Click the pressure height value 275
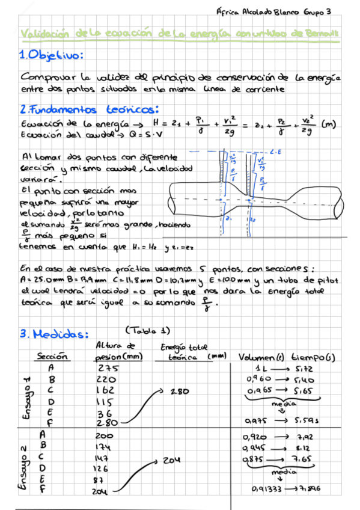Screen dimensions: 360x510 tap(108, 368)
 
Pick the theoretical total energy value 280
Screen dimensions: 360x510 tap(179, 391)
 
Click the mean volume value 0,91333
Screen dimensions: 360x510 tap(267, 489)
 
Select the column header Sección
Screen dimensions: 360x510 tap(52, 356)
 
